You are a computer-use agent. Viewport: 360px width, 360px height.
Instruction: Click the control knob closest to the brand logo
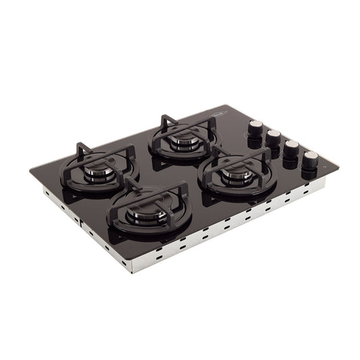[x=258, y=128]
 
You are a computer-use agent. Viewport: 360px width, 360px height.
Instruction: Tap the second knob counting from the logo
[x=274, y=137]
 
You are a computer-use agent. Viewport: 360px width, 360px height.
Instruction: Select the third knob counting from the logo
[x=290, y=148]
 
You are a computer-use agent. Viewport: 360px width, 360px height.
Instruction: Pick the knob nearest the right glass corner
[x=310, y=159]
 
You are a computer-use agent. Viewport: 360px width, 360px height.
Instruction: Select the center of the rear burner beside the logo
[x=184, y=140]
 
